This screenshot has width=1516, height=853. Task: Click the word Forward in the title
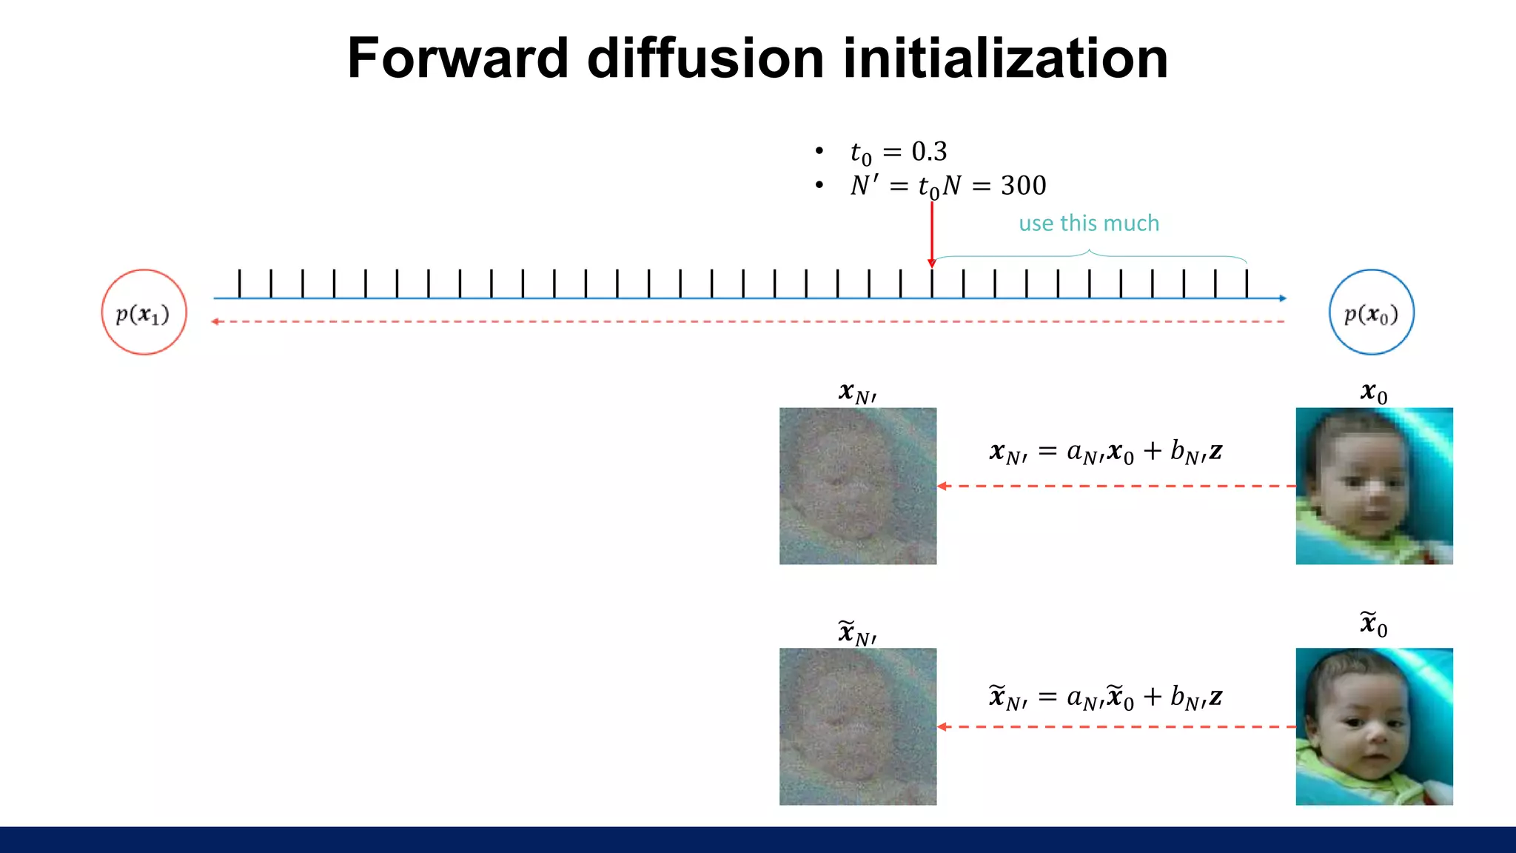457,58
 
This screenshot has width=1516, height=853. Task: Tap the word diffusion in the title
705,58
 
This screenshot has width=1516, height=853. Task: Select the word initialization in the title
1005,58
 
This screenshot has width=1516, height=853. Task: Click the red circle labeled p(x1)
144,312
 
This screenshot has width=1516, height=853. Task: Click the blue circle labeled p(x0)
1372,312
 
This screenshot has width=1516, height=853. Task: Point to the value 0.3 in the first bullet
929,152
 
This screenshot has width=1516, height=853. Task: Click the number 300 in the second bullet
1024,185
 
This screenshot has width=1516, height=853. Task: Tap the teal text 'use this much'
1089,223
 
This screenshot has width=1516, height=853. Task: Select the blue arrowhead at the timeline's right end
1283,298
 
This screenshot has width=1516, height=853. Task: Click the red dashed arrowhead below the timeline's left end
215,321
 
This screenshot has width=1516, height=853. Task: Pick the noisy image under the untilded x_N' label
858,486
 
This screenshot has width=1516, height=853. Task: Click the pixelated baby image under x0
1374,486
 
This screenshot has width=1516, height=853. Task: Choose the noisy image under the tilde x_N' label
858,726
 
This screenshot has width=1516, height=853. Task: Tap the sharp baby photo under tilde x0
1374,726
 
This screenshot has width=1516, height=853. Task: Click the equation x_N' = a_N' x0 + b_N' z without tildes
1106,451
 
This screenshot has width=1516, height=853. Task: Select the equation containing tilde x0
1106,697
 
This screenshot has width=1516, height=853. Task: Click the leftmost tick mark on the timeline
240,284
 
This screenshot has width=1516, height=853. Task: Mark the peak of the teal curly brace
1089,251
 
